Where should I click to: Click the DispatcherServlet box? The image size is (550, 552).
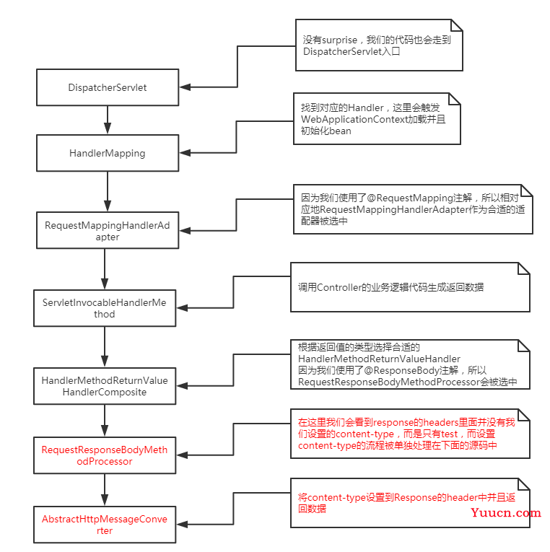pyautogui.click(x=108, y=87)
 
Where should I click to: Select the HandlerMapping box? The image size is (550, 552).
pyautogui.click(x=108, y=153)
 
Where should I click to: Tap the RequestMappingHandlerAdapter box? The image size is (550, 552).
pyautogui.click(x=108, y=230)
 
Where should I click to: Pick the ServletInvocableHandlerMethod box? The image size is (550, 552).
pyautogui.click(x=105, y=308)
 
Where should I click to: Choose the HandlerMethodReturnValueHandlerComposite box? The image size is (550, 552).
pyautogui.click(x=105, y=386)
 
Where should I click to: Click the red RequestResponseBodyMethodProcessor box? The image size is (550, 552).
pyautogui.click(x=105, y=455)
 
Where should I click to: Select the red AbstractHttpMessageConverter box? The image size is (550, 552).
pyautogui.click(x=105, y=525)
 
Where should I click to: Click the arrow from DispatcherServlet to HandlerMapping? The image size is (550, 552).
pyautogui.click(x=108, y=120)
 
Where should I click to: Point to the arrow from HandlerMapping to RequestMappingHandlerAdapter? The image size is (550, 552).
pyautogui.click(x=108, y=191)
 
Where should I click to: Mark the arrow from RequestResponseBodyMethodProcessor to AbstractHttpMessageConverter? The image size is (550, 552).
pyautogui.click(x=105, y=490)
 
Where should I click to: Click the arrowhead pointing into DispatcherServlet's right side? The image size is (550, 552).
pyautogui.click(x=185, y=87)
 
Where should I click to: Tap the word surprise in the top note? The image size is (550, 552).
pyautogui.click(x=340, y=40)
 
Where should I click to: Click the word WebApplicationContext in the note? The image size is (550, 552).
pyautogui.click(x=354, y=119)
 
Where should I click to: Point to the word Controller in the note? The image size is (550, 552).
pyautogui.click(x=339, y=287)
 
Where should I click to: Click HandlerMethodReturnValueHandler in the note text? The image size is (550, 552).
pyautogui.click(x=379, y=359)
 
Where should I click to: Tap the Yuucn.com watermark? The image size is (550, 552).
pyautogui.click(x=506, y=512)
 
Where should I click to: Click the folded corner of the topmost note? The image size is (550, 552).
pyautogui.click(x=457, y=25)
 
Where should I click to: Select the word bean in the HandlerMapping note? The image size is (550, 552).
pyautogui.click(x=340, y=131)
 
